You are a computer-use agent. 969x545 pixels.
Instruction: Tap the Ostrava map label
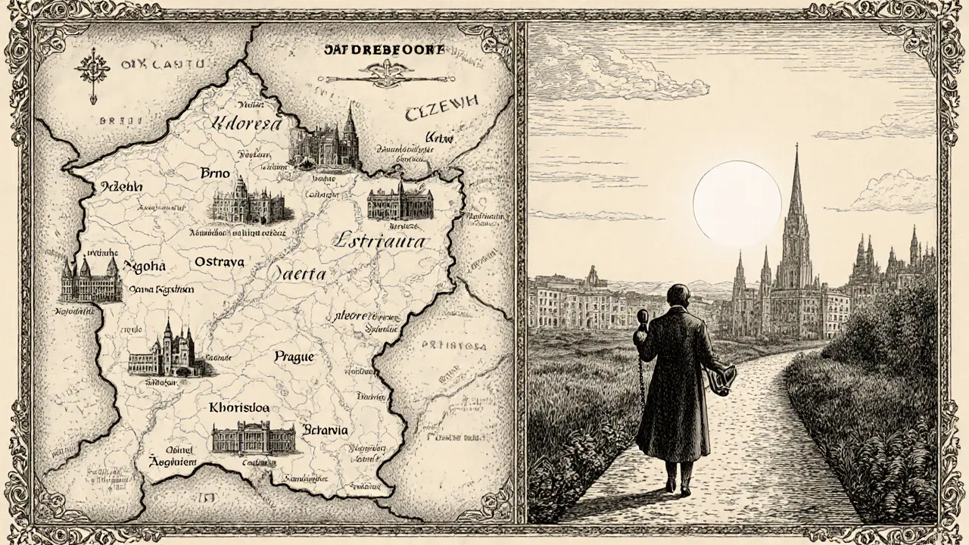click(219, 262)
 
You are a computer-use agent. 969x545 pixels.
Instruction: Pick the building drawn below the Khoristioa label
click(254, 439)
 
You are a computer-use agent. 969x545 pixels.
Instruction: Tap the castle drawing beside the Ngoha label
click(91, 280)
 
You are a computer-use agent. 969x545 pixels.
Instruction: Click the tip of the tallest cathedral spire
click(795, 147)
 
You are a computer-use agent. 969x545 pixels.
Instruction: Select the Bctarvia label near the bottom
click(325, 430)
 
